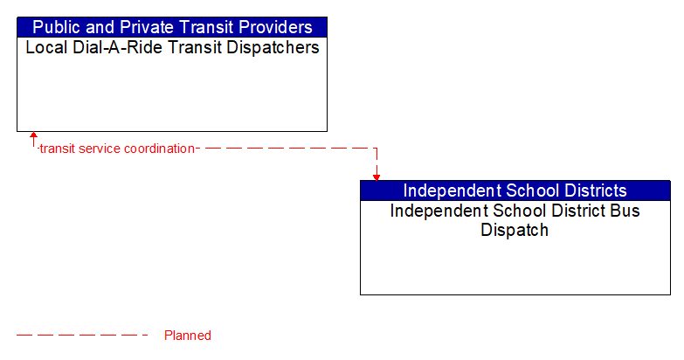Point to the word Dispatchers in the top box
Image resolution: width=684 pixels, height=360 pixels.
coord(273,47)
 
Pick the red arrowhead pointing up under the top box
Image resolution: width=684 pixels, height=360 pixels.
coord(33,137)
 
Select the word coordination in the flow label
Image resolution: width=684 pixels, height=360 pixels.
coord(160,149)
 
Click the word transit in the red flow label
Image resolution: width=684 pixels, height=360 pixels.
coord(58,149)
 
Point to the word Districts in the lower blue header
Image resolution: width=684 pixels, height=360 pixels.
coord(598,190)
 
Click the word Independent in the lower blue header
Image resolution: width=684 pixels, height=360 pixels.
coord(453,190)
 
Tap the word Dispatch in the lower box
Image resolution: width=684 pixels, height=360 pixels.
coord(515,231)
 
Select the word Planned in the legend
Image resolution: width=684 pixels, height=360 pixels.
coord(188,336)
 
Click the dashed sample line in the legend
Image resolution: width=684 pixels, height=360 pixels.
coord(82,336)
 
